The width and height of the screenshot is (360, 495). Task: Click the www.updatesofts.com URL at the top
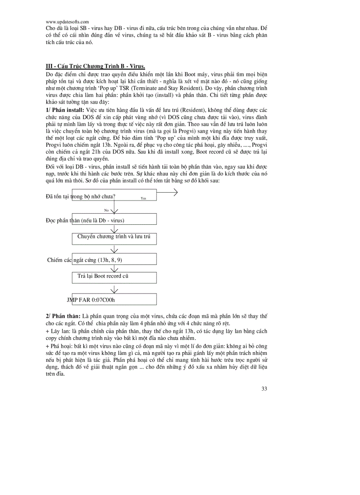point(67,22)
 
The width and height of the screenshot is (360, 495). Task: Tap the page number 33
point(264,388)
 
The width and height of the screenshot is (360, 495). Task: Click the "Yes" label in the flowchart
point(143,198)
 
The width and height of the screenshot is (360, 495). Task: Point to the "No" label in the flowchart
point(106,210)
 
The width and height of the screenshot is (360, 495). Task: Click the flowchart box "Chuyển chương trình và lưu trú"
point(114,237)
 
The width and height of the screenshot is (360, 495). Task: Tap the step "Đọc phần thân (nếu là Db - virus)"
point(85,220)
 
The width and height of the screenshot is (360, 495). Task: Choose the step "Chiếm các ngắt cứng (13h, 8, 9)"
point(85,260)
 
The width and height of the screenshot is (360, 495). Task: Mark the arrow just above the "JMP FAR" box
point(114,290)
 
